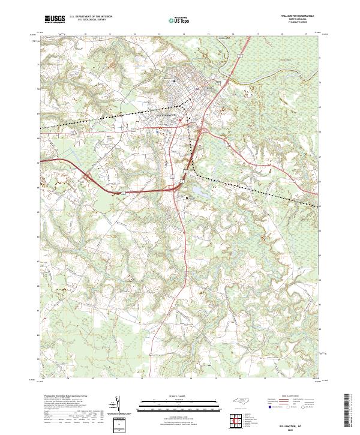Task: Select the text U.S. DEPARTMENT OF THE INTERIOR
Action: [91, 17]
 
